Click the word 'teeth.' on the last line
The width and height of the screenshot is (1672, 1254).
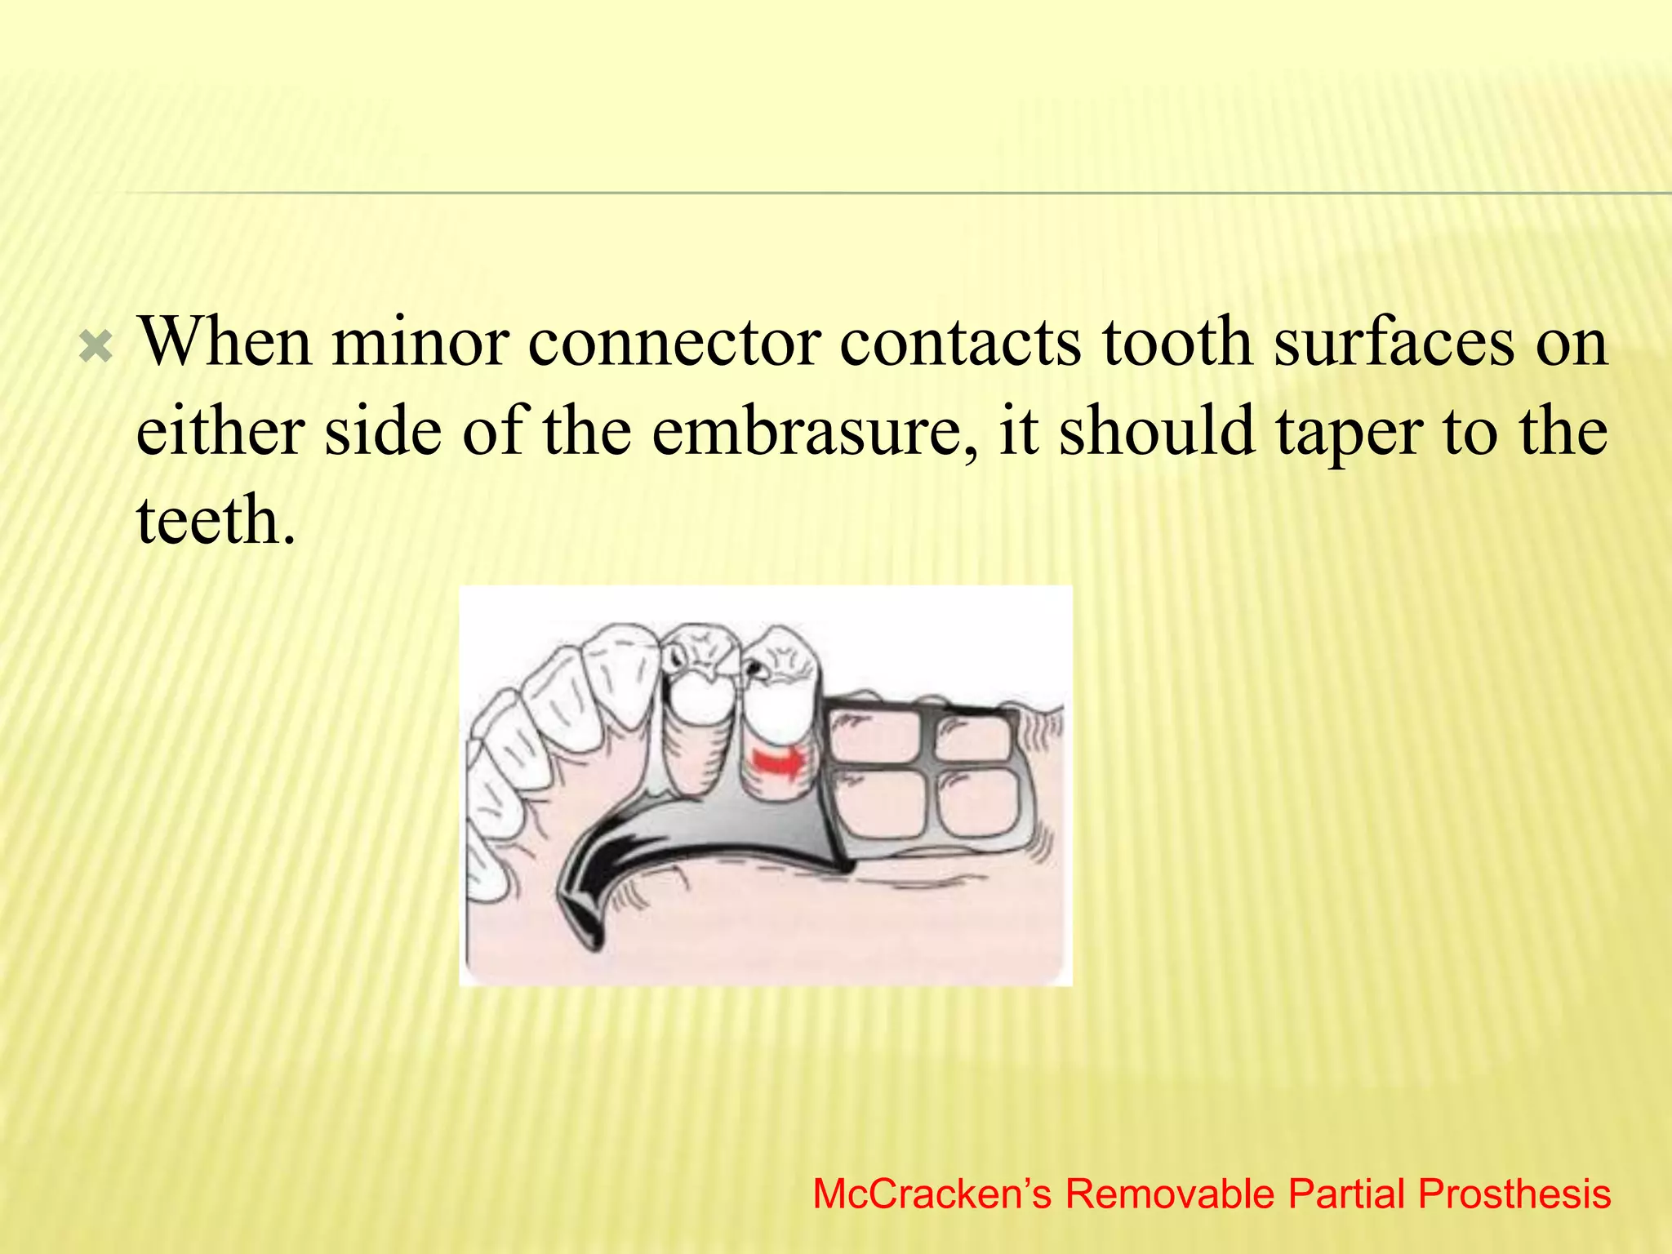[x=216, y=520]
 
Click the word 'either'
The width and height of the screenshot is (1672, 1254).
[x=220, y=431]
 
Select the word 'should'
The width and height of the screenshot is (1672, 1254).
[x=1156, y=431]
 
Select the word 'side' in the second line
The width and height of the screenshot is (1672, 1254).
[x=383, y=431]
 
